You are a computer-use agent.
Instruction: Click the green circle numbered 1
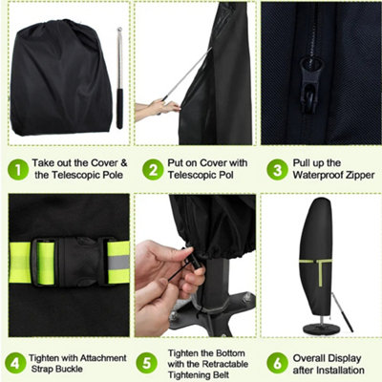(x=18, y=170)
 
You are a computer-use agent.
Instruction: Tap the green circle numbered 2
(x=153, y=170)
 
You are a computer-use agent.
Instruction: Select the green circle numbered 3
(x=277, y=170)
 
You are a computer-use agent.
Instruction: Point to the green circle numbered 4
(x=15, y=363)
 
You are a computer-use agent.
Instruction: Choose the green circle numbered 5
(x=147, y=363)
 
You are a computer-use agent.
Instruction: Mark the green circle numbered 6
(x=277, y=363)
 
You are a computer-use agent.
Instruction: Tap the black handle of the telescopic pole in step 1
(x=119, y=109)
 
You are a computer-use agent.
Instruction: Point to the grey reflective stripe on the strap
(x=118, y=262)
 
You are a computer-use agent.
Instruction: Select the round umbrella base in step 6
(x=321, y=329)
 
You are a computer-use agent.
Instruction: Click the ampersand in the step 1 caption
(x=123, y=163)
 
